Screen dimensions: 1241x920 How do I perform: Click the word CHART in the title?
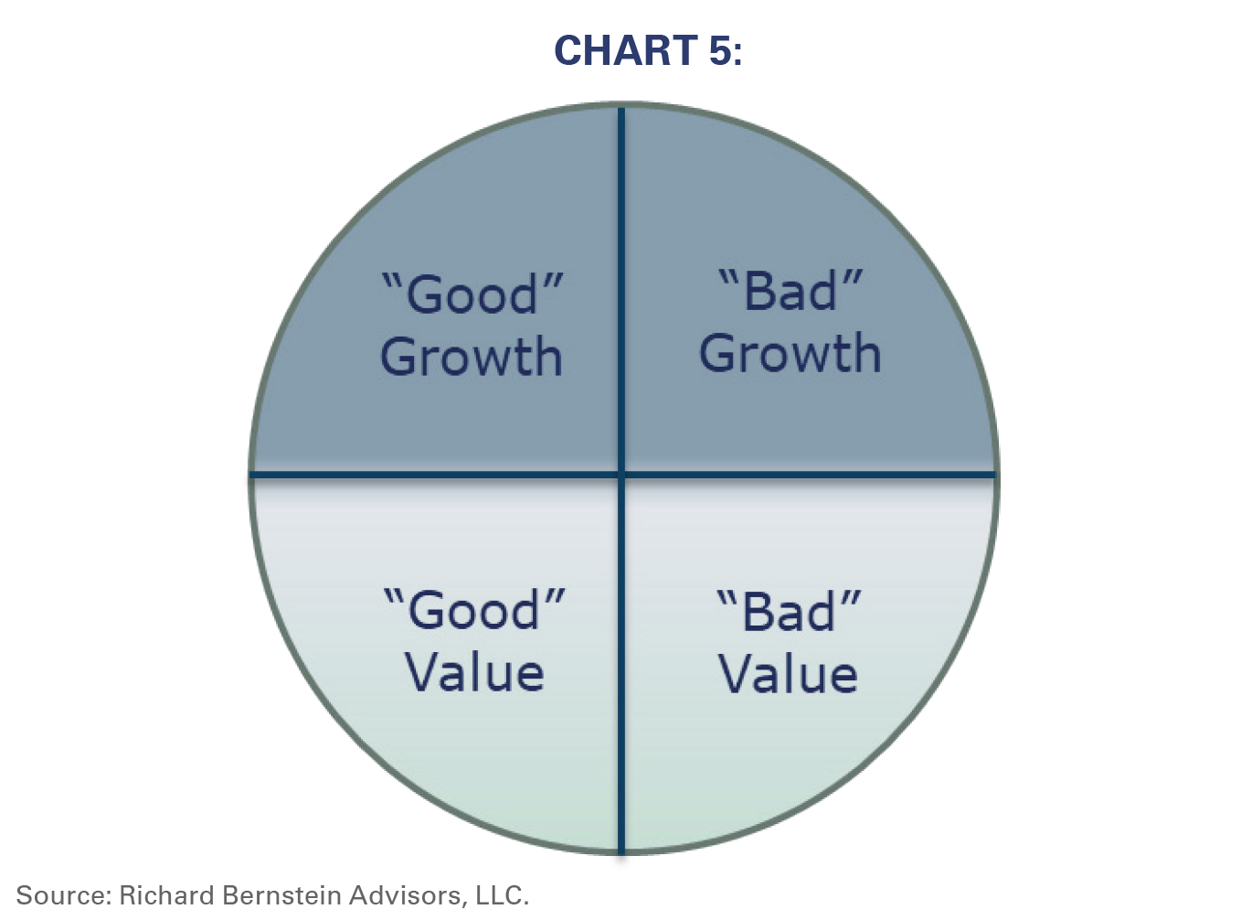(x=626, y=50)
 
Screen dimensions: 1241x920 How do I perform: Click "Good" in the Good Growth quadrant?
(x=472, y=294)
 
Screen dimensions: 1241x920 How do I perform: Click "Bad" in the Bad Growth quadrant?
(x=790, y=290)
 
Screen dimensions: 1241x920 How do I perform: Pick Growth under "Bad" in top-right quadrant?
(x=790, y=354)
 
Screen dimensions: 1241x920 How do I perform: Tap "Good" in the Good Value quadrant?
(x=474, y=609)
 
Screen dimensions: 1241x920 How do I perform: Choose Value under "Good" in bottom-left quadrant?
(x=474, y=673)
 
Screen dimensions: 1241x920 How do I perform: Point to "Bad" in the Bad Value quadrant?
(x=789, y=611)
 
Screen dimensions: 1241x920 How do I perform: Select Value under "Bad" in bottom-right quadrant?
(x=788, y=675)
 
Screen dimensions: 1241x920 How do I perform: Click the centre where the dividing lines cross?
(x=621, y=475)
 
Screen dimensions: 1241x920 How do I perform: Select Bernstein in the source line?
(x=282, y=894)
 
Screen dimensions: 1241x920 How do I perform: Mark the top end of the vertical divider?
(x=621, y=108)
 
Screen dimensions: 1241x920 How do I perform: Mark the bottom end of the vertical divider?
(x=621, y=853)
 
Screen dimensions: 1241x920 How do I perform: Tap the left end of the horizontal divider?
(x=250, y=475)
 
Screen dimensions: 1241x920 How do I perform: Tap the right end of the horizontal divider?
(x=996, y=475)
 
